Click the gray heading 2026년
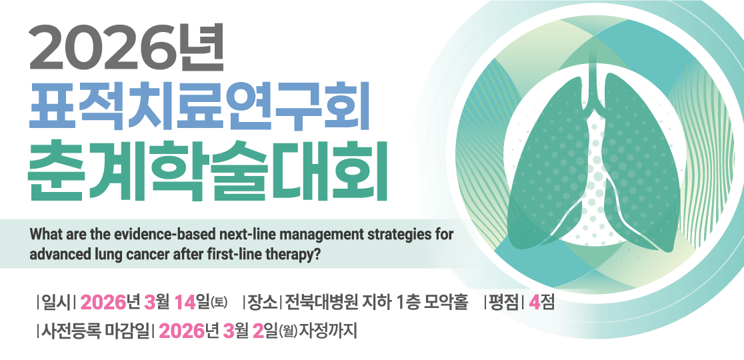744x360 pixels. pos(127,49)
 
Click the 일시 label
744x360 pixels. pos(55,303)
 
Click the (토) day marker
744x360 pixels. pos(219,304)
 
